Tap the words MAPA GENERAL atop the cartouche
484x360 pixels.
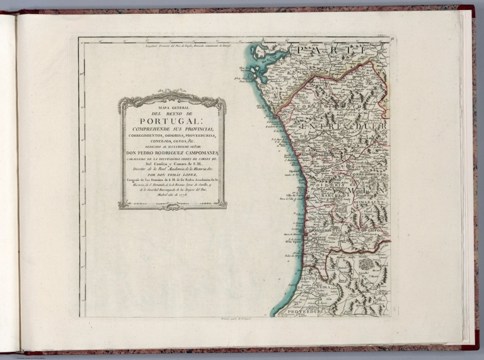pyautogui.click(x=171, y=107)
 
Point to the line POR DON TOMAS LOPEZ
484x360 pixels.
pyautogui.click(x=171, y=175)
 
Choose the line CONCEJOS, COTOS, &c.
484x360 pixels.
pyautogui.click(x=171, y=141)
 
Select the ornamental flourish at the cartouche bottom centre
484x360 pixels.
pyautogui.click(x=171, y=206)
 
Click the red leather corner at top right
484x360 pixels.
pyautogui.click(x=467, y=10)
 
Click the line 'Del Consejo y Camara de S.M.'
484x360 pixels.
pyautogui.click(x=171, y=163)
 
